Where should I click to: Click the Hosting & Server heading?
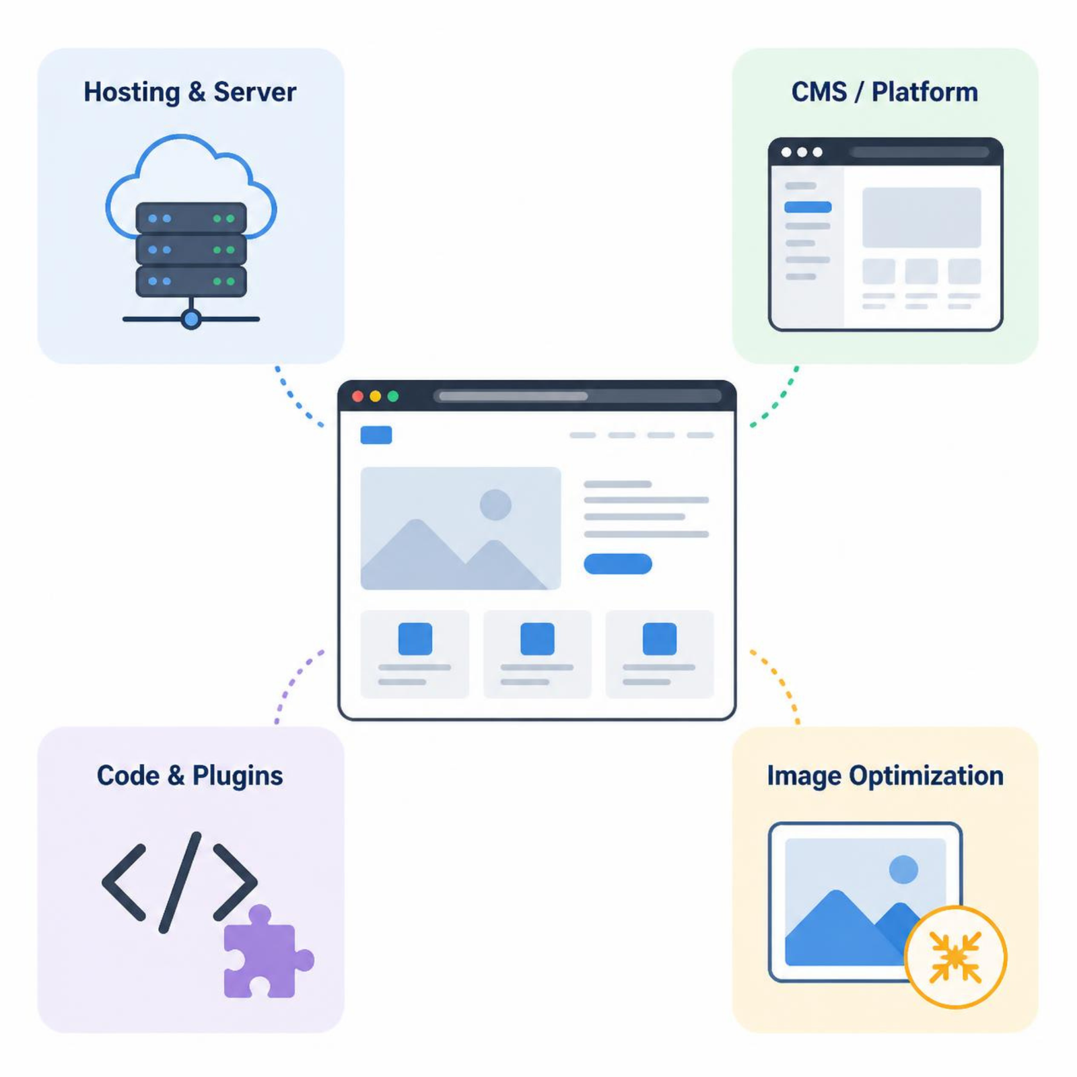coord(190,92)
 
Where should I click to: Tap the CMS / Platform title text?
coord(884,92)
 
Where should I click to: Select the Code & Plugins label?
coord(190,775)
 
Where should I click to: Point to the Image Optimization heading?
coord(885,775)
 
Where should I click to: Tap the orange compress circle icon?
coord(955,957)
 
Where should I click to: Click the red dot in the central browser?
coord(358,396)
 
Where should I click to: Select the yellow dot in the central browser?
coord(376,396)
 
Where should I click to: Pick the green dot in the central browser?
coord(393,396)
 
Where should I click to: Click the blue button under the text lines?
coord(618,564)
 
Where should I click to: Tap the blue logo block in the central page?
coord(376,435)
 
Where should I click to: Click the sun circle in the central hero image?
coord(495,505)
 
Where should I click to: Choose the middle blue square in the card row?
coord(537,639)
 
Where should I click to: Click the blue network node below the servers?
coord(191,319)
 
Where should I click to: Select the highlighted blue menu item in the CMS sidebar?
coord(808,207)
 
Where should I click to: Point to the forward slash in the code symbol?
coord(180,882)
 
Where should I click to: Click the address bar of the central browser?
coord(578,396)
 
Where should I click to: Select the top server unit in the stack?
coord(191,218)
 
